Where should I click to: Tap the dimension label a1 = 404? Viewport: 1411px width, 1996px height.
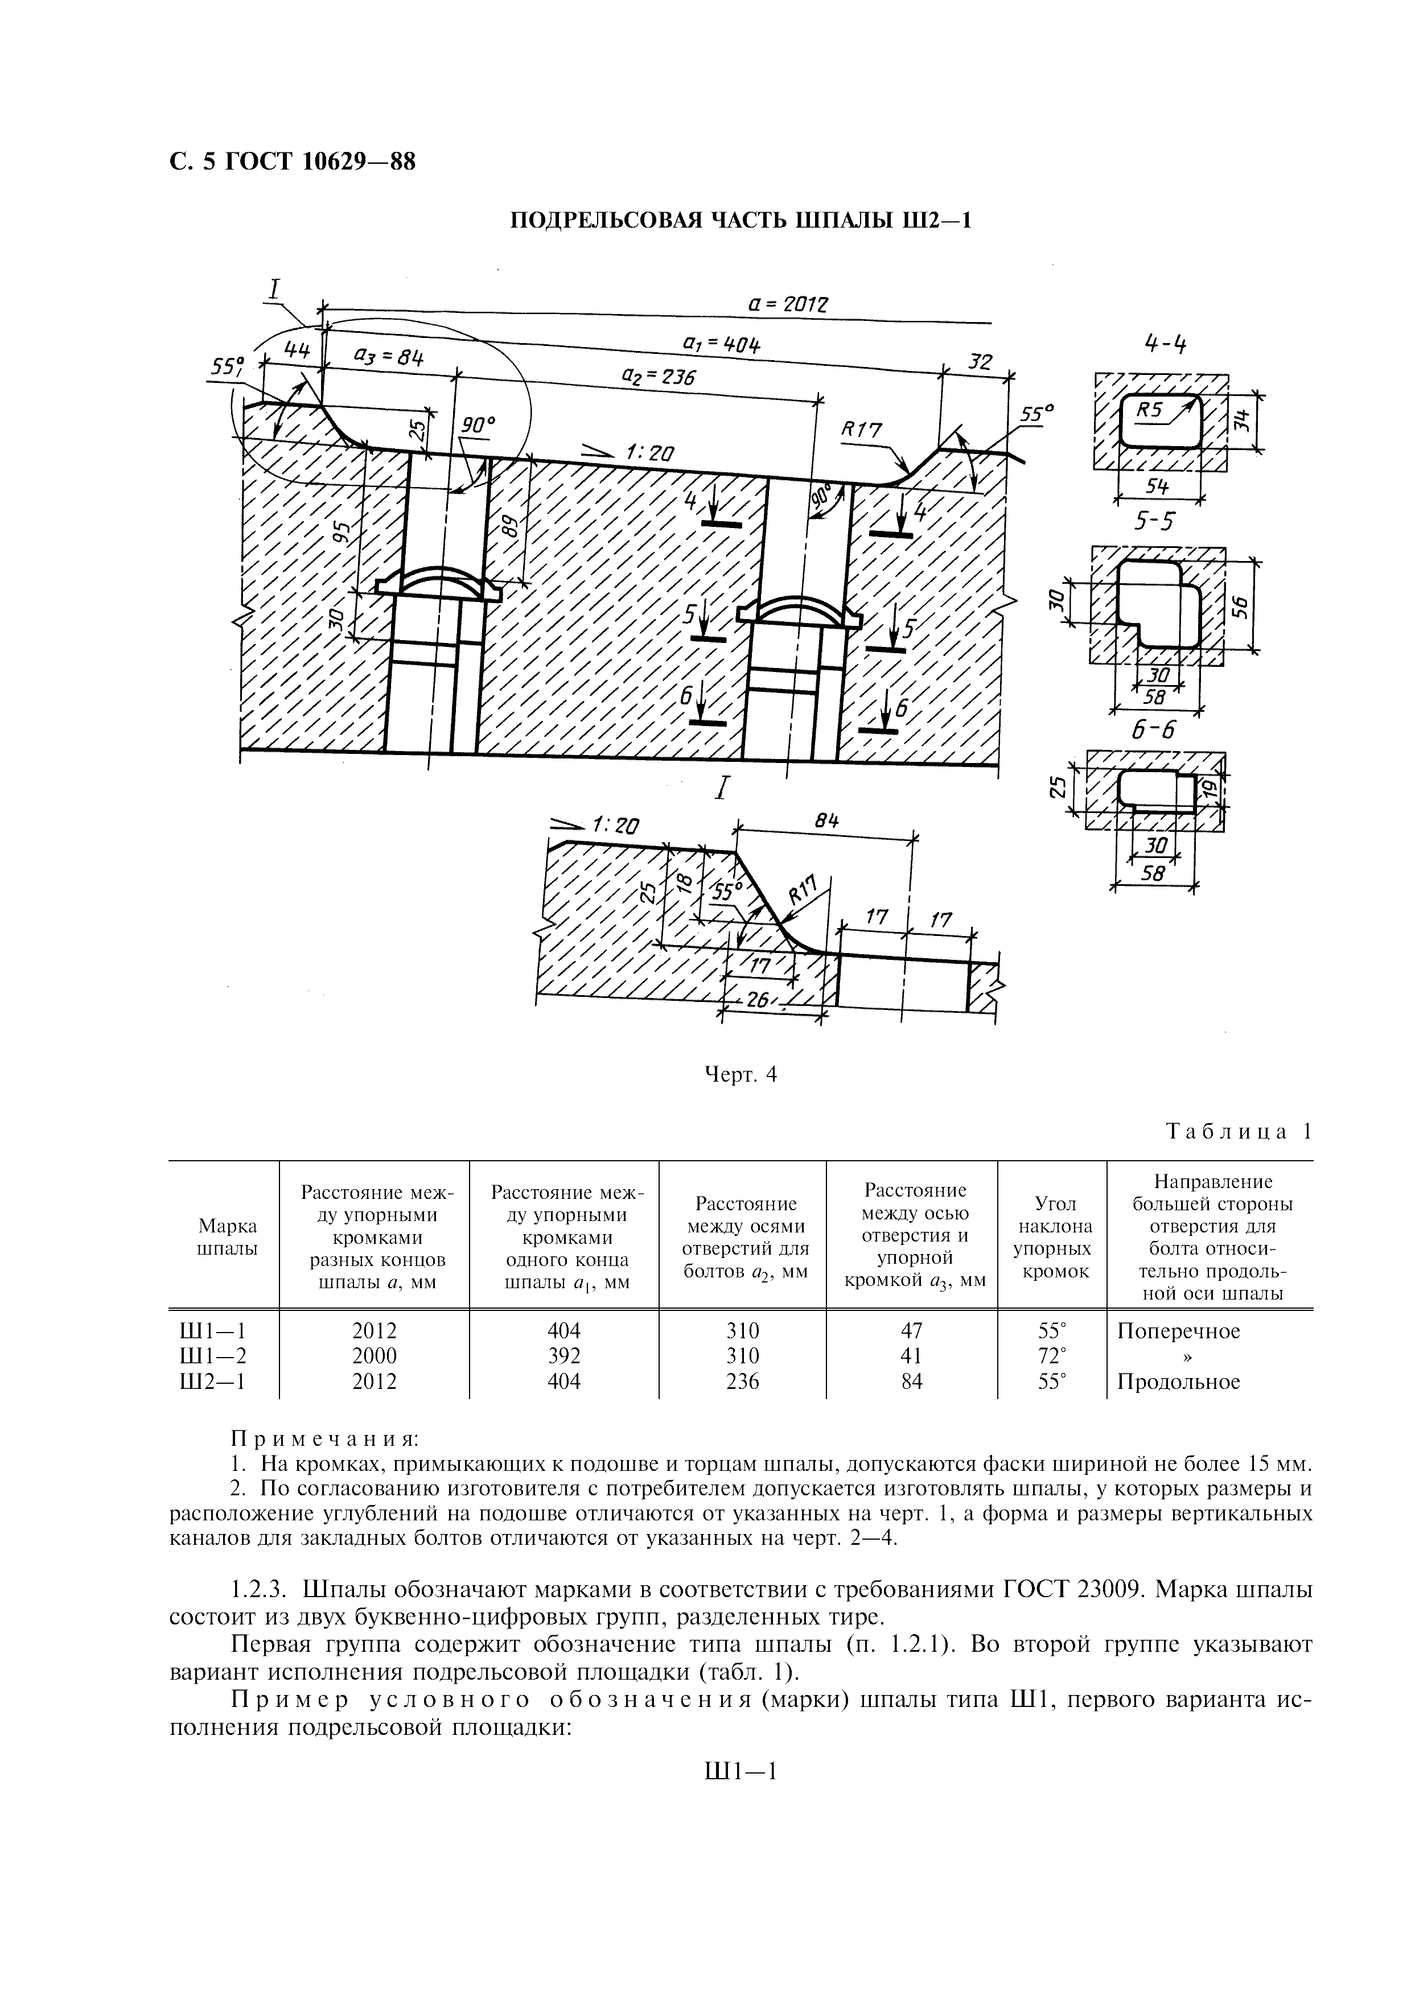(722, 345)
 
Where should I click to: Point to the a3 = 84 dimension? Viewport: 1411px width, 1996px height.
(388, 357)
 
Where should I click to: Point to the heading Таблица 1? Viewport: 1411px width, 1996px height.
(1238, 1131)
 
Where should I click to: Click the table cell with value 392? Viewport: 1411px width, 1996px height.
(563, 1355)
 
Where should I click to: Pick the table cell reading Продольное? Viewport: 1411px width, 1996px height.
(1178, 1381)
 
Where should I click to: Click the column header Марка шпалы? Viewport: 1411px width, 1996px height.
(228, 1237)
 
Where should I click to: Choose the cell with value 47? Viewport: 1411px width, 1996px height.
(912, 1330)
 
